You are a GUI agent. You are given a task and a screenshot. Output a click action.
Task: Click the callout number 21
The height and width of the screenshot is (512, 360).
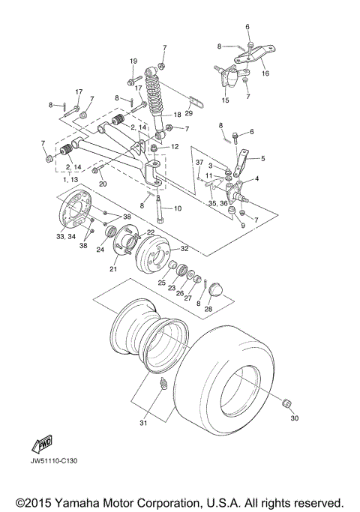tap(114, 269)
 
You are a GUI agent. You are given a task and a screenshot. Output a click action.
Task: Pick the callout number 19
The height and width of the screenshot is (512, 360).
tap(133, 61)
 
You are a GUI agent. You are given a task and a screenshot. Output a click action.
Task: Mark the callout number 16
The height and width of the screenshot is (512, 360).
tap(265, 74)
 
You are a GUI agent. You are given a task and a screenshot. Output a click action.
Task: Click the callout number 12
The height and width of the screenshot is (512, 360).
tap(175, 147)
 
